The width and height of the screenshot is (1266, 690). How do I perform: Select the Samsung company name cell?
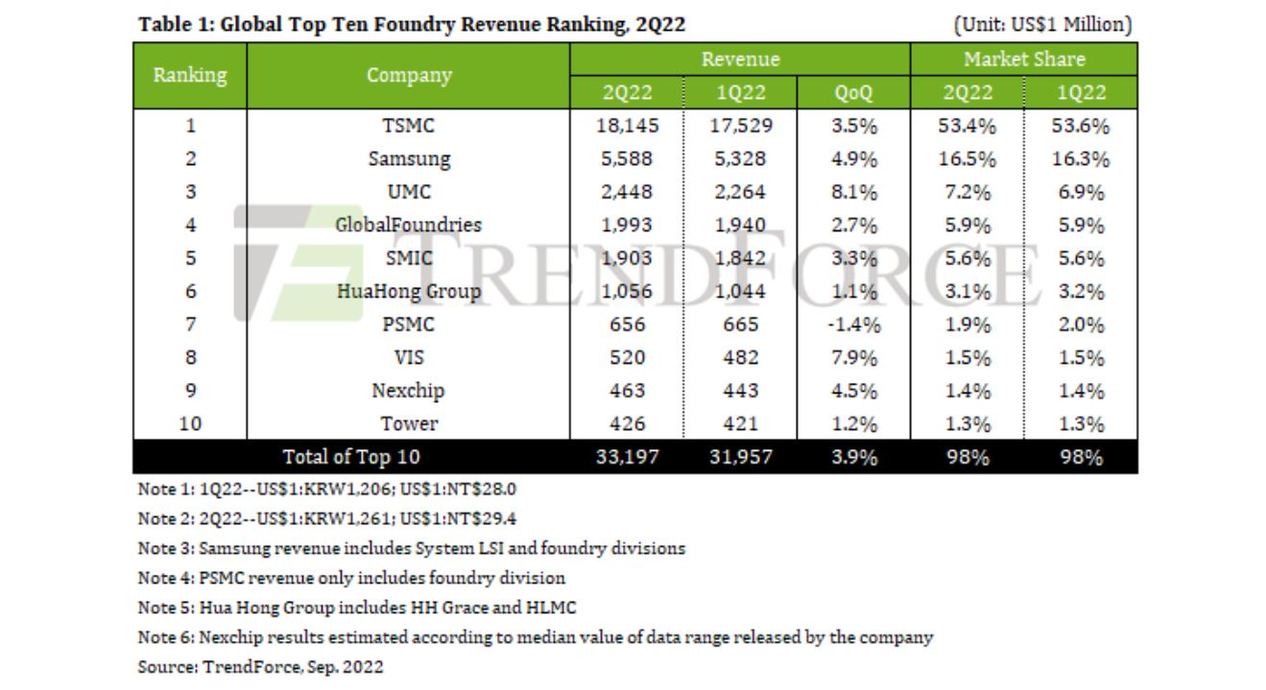(x=409, y=159)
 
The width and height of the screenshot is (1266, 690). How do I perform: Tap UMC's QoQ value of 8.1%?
(x=853, y=192)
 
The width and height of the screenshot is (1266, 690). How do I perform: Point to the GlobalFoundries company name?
(x=409, y=226)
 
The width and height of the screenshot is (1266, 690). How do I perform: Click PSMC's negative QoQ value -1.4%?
(x=852, y=324)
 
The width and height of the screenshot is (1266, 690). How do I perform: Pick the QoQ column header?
(x=853, y=92)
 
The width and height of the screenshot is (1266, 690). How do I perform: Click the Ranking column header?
(x=190, y=74)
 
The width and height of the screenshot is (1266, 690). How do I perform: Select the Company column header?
(x=409, y=75)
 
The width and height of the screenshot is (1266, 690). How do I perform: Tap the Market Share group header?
(x=1024, y=59)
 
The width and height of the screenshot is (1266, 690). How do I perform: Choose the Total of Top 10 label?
(x=350, y=457)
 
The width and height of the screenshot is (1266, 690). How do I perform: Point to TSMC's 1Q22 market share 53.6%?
(x=1081, y=126)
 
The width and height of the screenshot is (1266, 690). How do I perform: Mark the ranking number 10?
(x=190, y=423)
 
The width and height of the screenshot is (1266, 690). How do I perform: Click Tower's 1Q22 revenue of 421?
(x=739, y=423)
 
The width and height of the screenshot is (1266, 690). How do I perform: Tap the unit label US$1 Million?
(x=1042, y=25)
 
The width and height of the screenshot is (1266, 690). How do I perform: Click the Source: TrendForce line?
(x=260, y=667)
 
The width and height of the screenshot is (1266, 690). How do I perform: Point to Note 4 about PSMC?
(x=351, y=578)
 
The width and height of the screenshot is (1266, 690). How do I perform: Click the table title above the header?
(x=412, y=25)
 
